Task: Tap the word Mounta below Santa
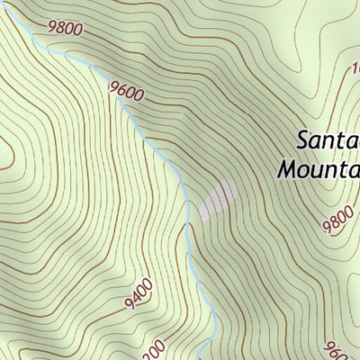(319, 168)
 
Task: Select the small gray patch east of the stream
(218, 201)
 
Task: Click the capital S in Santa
(302, 140)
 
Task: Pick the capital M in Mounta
(287, 168)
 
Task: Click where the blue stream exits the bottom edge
(207, 357)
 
